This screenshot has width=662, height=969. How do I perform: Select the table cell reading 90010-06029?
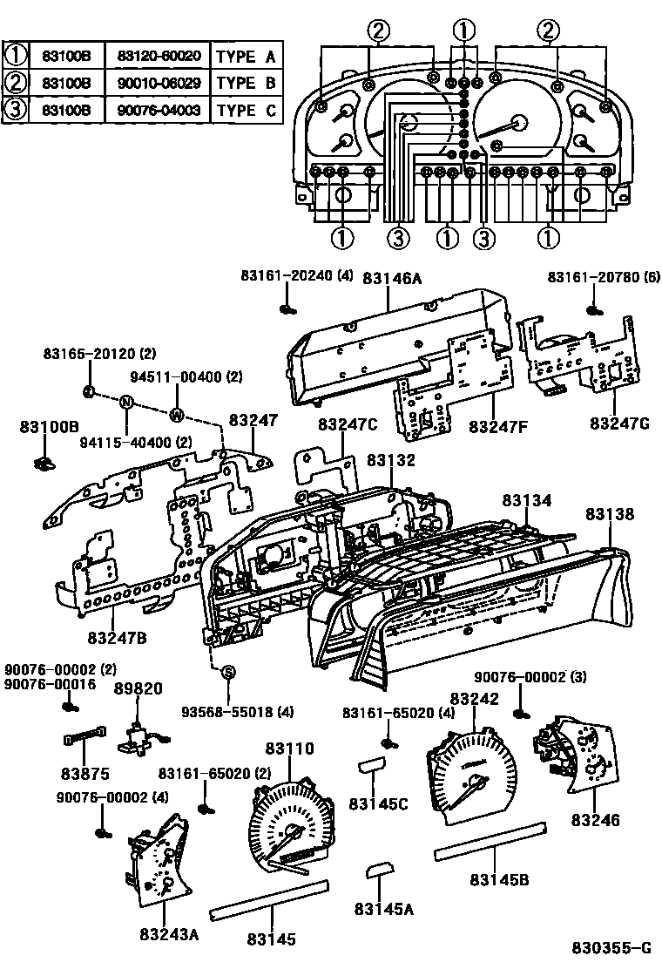[x=159, y=84]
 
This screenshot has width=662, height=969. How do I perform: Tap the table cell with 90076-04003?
[x=159, y=111]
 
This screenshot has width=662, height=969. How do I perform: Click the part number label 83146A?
[x=392, y=279]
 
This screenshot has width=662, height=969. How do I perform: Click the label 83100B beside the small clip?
[x=50, y=426]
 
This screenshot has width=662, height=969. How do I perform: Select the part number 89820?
[x=138, y=688]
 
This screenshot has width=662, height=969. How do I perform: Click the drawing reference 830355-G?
[x=611, y=948]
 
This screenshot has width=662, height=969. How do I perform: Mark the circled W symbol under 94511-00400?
[x=177, y=414]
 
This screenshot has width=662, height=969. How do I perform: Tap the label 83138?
[x=610, y=515]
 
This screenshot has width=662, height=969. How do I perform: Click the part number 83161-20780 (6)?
[x=604, y=277]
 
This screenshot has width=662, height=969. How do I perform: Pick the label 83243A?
[x=169, y=934]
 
